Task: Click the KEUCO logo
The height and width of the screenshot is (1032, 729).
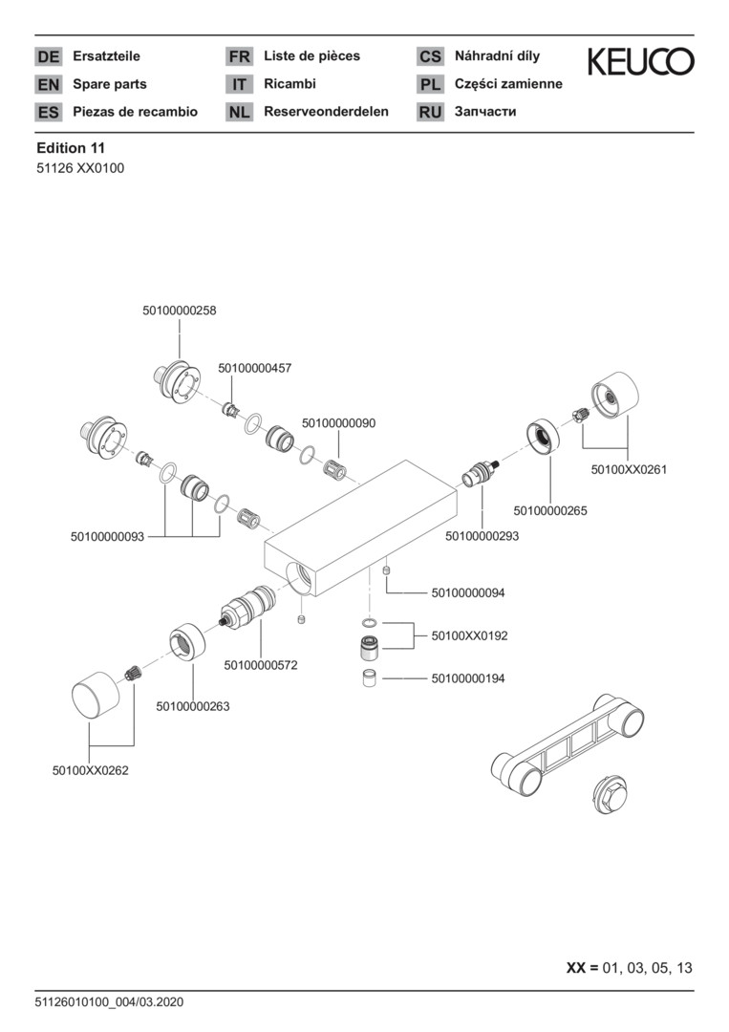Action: point(640,62)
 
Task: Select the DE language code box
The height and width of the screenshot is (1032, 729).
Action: point(48,57)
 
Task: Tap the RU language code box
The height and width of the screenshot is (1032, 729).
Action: point(430,112)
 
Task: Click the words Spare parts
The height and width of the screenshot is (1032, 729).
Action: point(110,84)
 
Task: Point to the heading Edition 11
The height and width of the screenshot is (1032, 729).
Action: point(71,148)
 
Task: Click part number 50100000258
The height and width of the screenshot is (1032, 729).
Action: point(179,311)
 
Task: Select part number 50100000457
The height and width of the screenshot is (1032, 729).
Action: point(255,368)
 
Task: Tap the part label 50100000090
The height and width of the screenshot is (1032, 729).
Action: point(339,422)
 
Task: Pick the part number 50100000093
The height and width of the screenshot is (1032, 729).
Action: point(107,537)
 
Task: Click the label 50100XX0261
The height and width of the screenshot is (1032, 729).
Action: point(629,469)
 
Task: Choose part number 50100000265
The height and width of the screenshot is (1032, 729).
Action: point(550,511)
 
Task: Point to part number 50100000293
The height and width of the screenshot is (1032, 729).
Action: point(482,537)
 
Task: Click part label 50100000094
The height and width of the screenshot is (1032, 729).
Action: point(468,593)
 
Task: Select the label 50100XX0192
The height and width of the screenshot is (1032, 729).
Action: point(470,634)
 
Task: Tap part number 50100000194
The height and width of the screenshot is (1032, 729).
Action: point(468,678)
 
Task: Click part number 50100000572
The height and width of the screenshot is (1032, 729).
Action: point(261,664)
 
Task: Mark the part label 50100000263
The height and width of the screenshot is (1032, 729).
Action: point(193,706)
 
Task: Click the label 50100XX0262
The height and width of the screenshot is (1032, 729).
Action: point(90,769)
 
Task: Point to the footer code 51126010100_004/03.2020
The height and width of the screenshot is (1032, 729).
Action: point(110,1002)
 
